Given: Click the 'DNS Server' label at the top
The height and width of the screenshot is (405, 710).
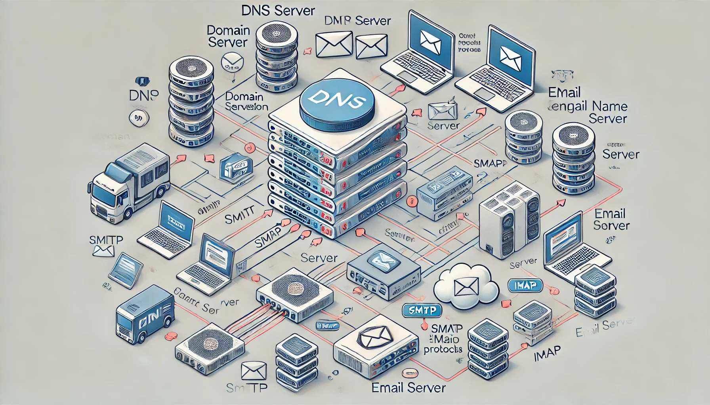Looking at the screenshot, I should point(278,11).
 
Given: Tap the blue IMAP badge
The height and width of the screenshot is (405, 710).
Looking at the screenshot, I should point(525,285).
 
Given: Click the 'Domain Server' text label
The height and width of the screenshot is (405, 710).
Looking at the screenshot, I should point(228,36).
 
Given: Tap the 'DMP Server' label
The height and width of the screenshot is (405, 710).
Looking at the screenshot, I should point(357,21).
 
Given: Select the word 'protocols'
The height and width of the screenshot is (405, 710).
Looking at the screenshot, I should point(443,350).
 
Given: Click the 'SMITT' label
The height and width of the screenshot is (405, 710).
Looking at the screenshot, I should point(239,217).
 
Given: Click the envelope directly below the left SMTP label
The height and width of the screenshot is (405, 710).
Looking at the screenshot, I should point(103,251).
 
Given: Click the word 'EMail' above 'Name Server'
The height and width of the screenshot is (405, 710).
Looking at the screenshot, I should point(564,93).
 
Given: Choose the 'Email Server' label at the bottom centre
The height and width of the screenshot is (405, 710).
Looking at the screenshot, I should point(408,388).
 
